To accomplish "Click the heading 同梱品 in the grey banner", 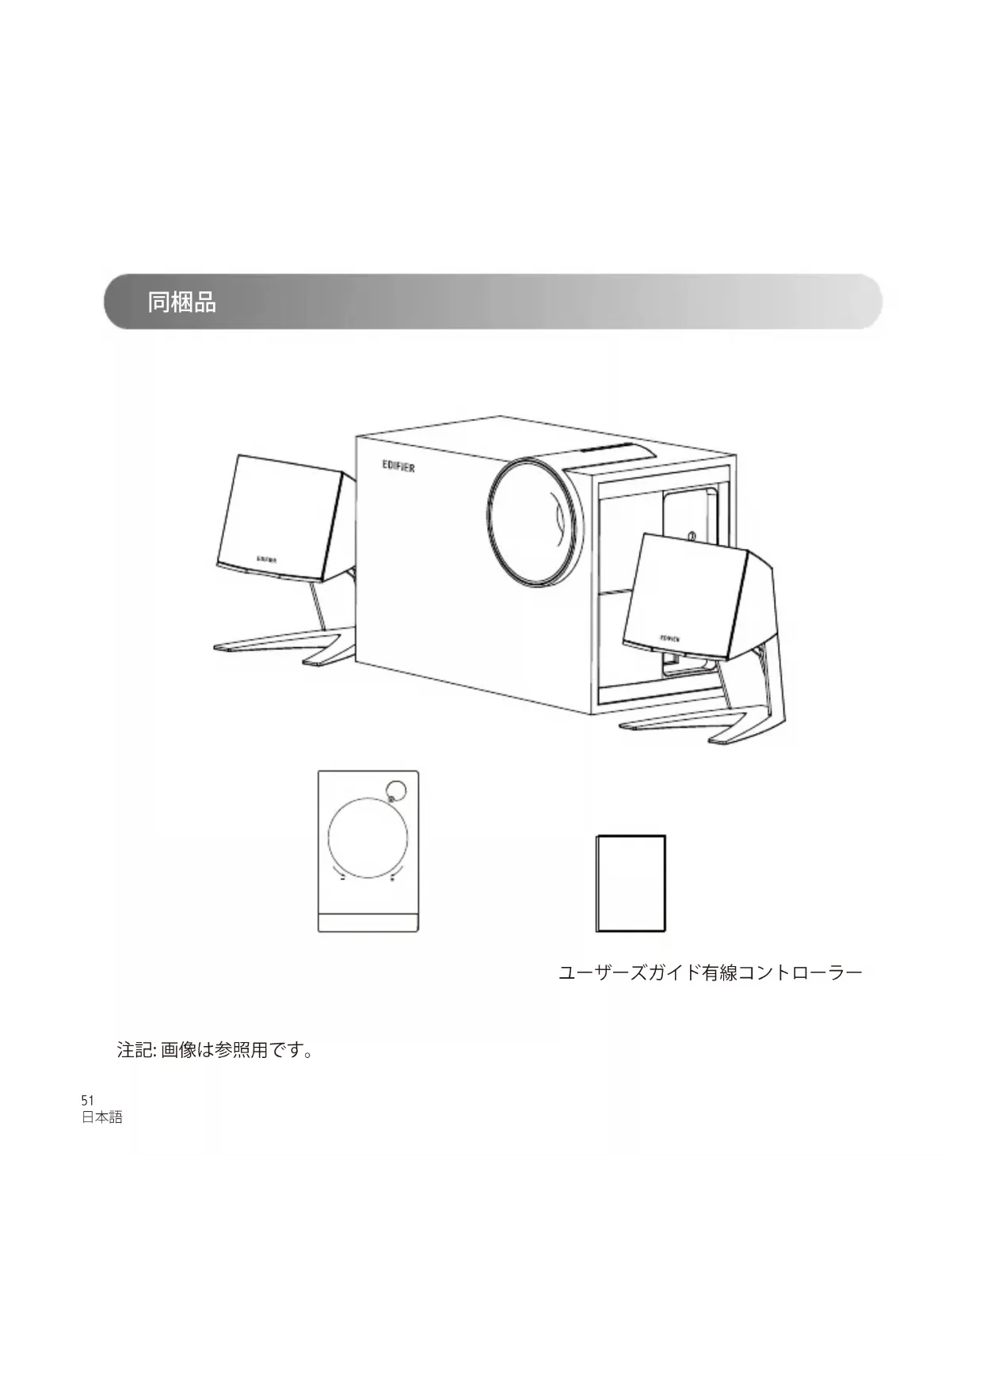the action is coord(181,303).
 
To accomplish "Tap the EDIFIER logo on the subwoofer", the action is coord(398,467).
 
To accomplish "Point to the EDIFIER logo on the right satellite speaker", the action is coord(669,637).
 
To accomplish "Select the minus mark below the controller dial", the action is coord(343,878).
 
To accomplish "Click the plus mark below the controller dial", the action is coord(393,878).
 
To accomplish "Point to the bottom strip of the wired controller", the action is coord(368,922).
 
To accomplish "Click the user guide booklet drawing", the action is coord(631,883).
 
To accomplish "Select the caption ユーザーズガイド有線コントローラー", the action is coord(710,972).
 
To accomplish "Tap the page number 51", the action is coord(87,1101).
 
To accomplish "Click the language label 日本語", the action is coord(102,1117).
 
